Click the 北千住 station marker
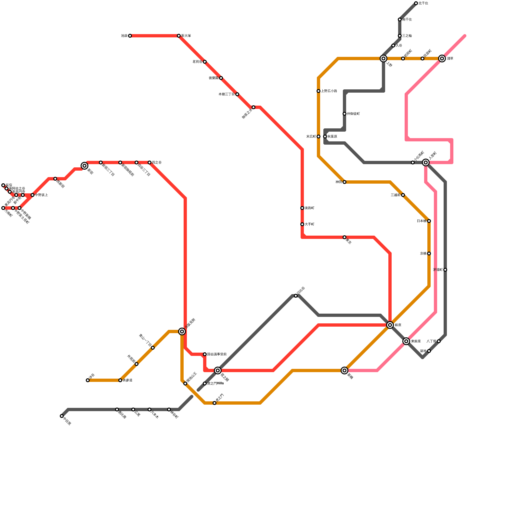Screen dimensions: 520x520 (416, 3)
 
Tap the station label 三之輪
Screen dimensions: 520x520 (407, 36)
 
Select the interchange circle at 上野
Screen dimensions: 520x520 (383, 58)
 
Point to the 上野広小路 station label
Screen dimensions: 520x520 (329, 91)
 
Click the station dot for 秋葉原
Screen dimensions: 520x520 (325, 136)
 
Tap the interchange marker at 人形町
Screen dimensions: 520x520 (426, 162)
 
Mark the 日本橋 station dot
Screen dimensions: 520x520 (429, 221)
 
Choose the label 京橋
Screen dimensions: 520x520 (423, 253)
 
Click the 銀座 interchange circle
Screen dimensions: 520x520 (390, 325)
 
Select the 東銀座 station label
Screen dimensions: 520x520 (416, 341)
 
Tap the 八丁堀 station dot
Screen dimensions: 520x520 (439, 341)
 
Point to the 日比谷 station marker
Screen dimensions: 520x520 (296, 296)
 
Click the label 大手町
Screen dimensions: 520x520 (309, 224)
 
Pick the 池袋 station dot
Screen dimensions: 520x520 (130, 36)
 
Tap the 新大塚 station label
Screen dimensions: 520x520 (186, 36)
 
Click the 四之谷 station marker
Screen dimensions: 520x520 (149, 162)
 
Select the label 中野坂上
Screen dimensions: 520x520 (42, 195)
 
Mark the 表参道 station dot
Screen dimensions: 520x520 (120, 380)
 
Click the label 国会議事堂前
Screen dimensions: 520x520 (217, 354)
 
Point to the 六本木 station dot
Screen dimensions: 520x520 (149, 409)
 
